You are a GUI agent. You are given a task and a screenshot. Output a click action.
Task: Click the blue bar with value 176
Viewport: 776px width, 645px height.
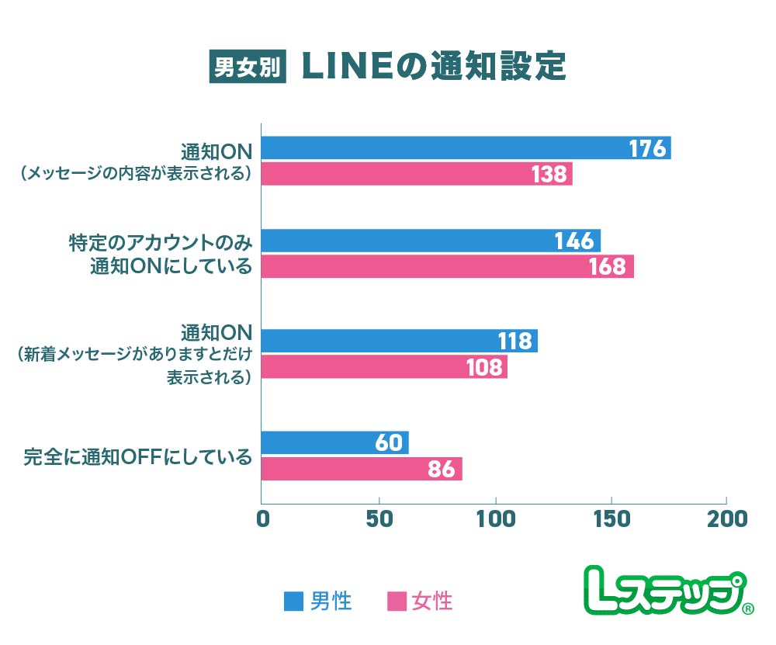[x=466, y=148]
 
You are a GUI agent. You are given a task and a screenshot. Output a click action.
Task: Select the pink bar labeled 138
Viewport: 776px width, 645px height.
[x=417, y=174]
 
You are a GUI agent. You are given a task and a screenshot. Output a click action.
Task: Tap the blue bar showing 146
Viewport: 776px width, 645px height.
[x=431, y=241]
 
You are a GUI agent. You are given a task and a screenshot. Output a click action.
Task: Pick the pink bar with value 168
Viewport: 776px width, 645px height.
[x=448, y=266]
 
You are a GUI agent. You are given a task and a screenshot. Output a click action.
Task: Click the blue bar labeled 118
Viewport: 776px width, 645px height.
[x=400, y=341]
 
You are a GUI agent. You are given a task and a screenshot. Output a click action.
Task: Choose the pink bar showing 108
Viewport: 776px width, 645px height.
[x=384, y=366]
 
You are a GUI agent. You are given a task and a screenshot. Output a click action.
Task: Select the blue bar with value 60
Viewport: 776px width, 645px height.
[x=335, y=442]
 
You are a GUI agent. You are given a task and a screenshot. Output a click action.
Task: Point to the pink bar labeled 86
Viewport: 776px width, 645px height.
[x=362, y=469]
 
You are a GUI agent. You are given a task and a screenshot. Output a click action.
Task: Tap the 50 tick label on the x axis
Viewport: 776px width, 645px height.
[x=379, y=518]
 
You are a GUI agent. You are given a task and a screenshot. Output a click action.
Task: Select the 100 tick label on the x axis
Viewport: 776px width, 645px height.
[x=495, y=518]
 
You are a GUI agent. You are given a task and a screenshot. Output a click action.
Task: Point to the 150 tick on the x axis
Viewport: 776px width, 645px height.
[x=611, y=518]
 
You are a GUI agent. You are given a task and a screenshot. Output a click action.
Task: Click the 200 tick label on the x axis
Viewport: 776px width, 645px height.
[x=727, y=518]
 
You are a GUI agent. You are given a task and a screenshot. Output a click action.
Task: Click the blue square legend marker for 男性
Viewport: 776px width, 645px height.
[x=294, y=602]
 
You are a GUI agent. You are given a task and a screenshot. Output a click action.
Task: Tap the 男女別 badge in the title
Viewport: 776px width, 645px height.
[x=248, y=68]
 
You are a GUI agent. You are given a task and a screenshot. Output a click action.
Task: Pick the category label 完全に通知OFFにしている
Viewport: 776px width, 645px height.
[x=138, y=456]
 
